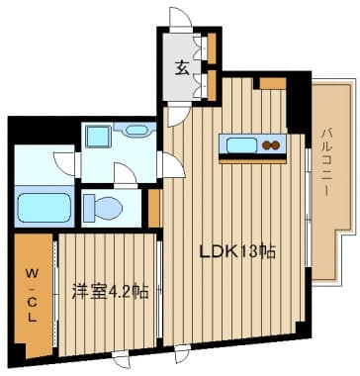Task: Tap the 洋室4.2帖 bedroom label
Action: tap(110, 292)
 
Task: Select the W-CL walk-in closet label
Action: tap(32, 295)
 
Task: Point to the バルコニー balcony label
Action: tap(326, 163)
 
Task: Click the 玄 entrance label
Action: tap(182, 68)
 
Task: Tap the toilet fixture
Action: tap(103, 208)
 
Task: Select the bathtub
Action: tap(45, 208)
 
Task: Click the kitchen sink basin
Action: tap(242, 145)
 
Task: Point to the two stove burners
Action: tap(271, 145)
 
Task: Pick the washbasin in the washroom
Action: tap(136, 131)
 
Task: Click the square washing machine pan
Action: tap(98, 136)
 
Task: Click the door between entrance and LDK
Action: tap(178, 114)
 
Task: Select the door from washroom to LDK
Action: tap(171, 165)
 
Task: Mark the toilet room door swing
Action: tap(125, 175)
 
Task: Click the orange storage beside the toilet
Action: tap(154, 209)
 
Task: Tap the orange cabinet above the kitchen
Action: tap(273, 83)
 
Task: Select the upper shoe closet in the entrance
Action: tap(212, 48)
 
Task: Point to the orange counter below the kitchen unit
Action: tap(252, 161)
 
